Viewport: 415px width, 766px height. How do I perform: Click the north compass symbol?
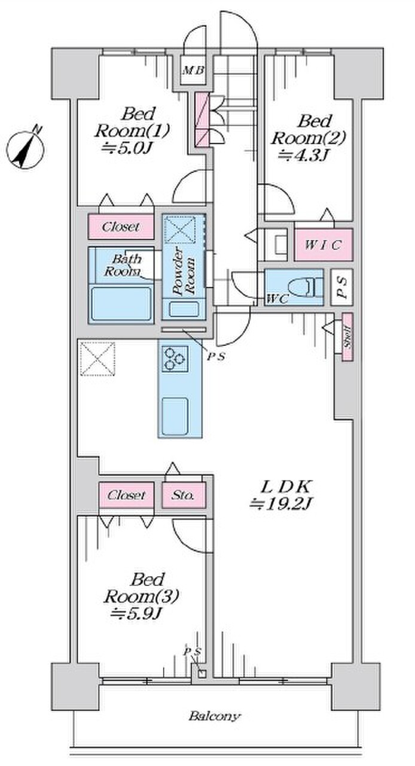tap(25, 149)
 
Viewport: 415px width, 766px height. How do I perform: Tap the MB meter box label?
tap(194, 71)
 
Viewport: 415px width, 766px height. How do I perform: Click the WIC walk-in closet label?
tap(323, 245)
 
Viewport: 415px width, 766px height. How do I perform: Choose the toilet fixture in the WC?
tap(304, 287)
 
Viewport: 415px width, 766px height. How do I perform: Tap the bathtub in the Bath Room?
tap(121, 303)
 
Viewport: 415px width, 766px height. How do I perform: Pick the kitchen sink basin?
tap(175, 415)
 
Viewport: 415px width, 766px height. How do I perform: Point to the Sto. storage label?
tap(183, 494)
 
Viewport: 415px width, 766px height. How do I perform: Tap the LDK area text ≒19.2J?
tap(280, 504)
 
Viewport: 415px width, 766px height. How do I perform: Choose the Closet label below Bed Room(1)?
tap(121, 226)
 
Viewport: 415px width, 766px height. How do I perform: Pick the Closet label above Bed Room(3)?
tap(126, 495)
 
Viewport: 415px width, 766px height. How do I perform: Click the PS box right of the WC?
tap(342, 287)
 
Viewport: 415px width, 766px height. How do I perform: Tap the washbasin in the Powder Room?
tap(184, 309)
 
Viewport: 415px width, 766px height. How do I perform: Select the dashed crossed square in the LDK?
tap(97, 358)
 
